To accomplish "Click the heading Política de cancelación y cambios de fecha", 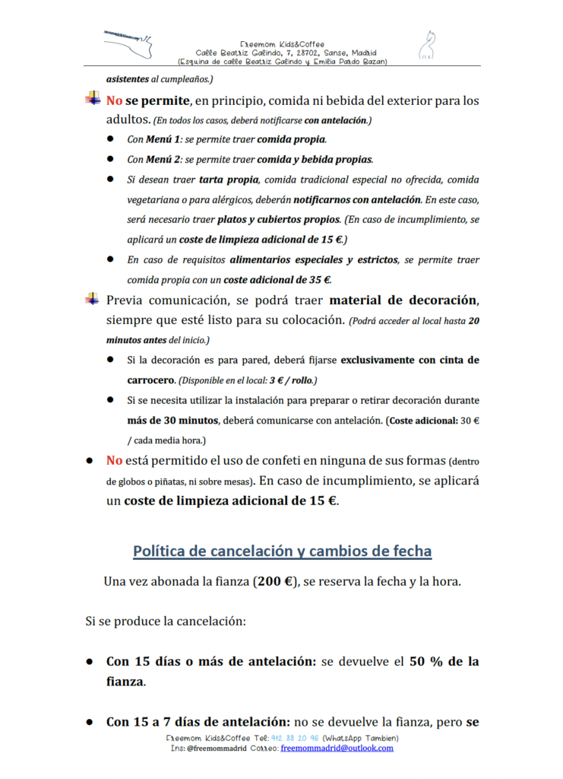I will pos(282,551).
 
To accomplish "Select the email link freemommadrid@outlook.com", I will pos(337,749).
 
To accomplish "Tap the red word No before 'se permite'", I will pos(114,100).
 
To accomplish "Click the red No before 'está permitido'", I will pos(114,460).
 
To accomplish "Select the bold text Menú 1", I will pos(161,140).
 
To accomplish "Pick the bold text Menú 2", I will pos(161,160).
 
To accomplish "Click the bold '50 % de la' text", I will pos(444,662).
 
